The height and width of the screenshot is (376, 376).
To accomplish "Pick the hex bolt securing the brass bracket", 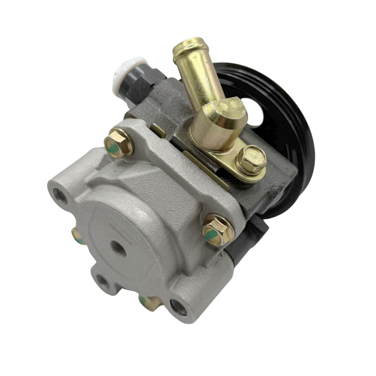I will point(251,159).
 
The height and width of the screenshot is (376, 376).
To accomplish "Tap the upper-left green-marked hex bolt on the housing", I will point(118,144).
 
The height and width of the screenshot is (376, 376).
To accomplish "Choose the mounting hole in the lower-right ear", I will point(178,307).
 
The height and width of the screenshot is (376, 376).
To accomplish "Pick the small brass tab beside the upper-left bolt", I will point(157,131).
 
